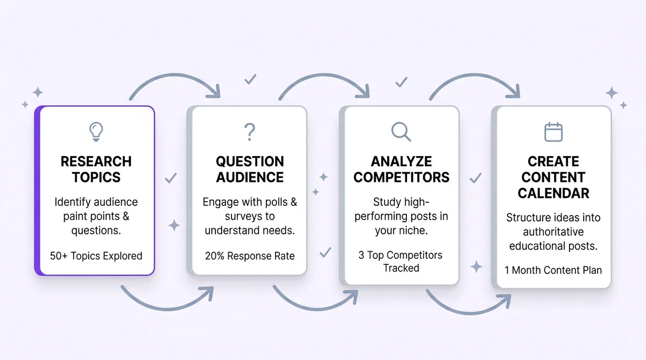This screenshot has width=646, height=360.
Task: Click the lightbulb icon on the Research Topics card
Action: coord(96,132)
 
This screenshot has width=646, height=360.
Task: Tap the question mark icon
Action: coord(250,132)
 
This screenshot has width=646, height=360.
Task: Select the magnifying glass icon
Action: coord(401,132)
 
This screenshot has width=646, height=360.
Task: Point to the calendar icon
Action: coord(553,132)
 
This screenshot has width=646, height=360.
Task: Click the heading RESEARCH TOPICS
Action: coord(96,169)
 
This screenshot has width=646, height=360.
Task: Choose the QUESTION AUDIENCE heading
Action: coord(250,169)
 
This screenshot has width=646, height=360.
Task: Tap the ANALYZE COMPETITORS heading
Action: coord(401,169)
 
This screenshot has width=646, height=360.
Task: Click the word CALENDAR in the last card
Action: coord(553,193)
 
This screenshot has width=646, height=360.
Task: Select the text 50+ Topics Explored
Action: coord(96,256)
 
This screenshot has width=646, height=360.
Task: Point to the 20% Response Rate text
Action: coord(250,256)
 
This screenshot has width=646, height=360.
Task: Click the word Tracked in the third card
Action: coord(401,268)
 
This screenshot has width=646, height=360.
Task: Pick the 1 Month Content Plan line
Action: coord(553,270)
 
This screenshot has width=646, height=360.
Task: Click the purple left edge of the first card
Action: coord(38,191)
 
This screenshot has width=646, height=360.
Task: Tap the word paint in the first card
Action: coord(75,217)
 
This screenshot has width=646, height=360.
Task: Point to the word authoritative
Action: coord(553,232)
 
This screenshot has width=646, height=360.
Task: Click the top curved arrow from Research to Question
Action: coord(175,76)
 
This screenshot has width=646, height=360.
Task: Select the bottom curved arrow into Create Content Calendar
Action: coord(468,312)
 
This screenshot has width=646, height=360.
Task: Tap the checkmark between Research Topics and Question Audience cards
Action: coord(171,178)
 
